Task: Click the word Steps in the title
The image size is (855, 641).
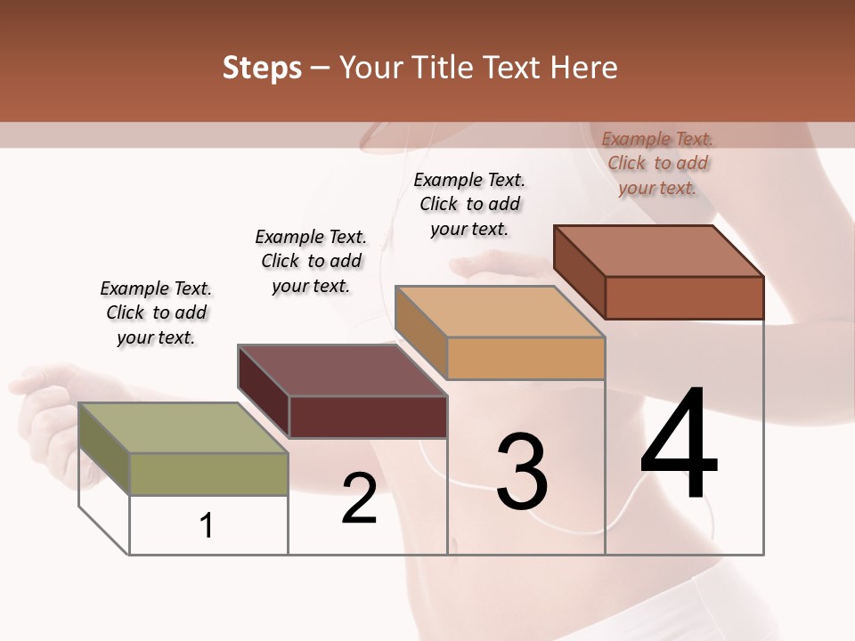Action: (261, 69)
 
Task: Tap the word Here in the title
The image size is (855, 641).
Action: (583, 69)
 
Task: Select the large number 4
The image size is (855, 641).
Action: (679, 445)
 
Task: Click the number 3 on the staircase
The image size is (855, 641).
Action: (522, 472)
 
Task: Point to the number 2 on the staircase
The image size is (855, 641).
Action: (359, 499)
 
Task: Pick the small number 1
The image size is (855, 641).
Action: (207, 526)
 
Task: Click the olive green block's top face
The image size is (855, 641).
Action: (183, 428)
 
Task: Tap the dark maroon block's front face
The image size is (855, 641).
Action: (368, 417)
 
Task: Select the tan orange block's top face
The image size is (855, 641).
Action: (499, 312)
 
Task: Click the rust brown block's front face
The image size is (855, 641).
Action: (684, 297)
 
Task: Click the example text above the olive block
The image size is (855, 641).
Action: (156, 312)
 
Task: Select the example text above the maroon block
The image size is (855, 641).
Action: (311, 261)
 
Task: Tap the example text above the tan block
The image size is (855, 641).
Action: (469, 204)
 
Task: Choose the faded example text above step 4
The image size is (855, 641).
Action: (657, 163)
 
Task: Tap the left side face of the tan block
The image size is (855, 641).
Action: (420, 330)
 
